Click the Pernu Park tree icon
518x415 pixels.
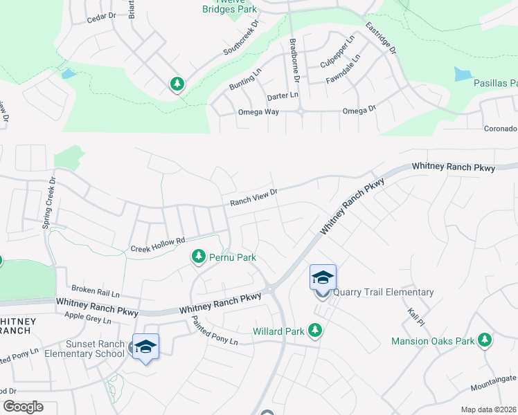199,257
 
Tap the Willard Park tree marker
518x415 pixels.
315,331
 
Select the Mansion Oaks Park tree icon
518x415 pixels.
485,340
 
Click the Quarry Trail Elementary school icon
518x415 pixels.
323,278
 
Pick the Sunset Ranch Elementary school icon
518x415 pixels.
145,347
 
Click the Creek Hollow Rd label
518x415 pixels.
159,244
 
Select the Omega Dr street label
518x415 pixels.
359,110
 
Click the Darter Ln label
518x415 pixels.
283,95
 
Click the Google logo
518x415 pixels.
24,407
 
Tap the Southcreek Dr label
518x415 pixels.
240,38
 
